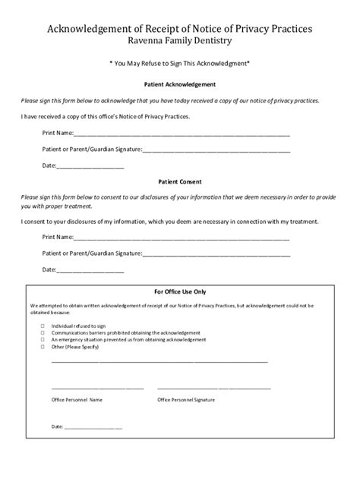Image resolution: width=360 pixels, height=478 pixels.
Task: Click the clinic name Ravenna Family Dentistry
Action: [x=180, y=40]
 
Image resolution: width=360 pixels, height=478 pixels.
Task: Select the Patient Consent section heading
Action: [x=180, y=182]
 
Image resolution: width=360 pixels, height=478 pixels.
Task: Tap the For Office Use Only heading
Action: [x=180, y=291]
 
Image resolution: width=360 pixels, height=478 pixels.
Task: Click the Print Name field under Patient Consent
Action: [x=182, y=237]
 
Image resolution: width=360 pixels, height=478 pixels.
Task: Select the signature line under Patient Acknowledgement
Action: [x=216, y=149]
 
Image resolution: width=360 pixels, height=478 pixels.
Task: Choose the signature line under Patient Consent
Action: [x=216, y=253]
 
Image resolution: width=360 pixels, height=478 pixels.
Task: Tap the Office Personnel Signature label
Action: [x=186, y=398]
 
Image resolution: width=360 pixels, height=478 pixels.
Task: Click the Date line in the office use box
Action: [x=93, y=427]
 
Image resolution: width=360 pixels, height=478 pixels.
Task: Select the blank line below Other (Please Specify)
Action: [x=159, y=361]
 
